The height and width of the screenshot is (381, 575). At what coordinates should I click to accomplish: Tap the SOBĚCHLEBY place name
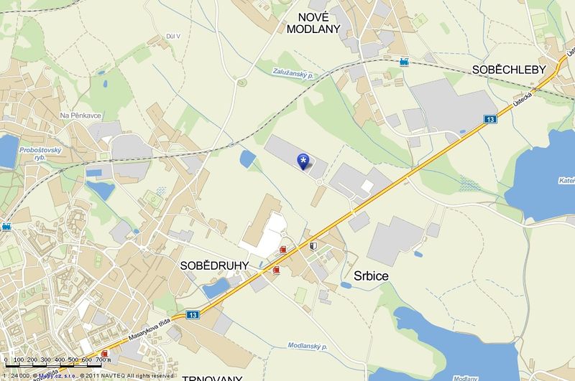509,70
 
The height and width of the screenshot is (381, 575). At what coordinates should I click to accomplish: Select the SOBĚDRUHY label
214,265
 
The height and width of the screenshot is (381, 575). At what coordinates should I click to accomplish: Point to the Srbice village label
372,275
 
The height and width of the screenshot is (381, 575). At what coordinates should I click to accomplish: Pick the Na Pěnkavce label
80,115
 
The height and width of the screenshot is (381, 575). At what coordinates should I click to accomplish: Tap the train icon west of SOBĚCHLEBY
404,62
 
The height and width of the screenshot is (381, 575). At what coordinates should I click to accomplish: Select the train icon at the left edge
6,227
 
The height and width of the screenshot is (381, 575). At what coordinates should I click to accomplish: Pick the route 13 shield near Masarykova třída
192,314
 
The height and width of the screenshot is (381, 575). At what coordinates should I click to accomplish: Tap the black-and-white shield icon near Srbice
313,246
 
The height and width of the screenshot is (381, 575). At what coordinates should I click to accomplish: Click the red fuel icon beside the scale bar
106,354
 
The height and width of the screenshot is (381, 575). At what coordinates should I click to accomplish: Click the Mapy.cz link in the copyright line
52,375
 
